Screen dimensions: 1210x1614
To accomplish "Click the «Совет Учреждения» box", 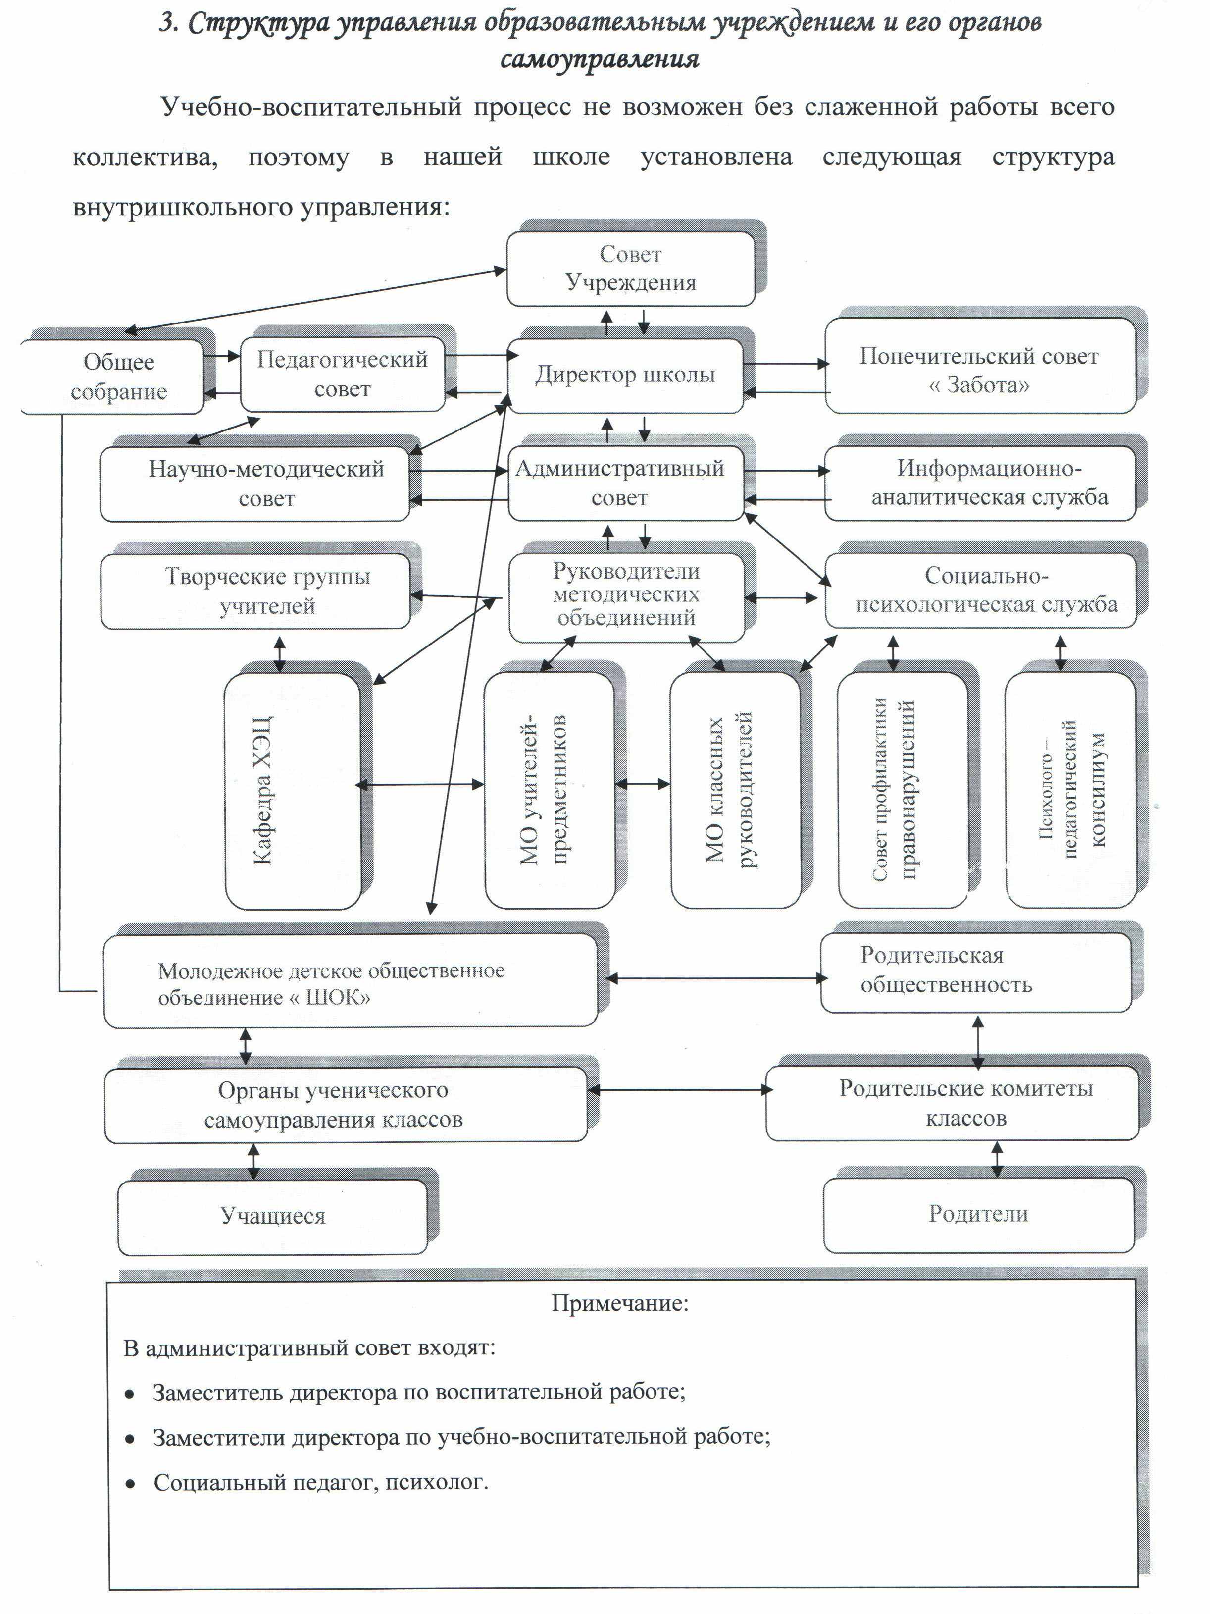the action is [x=630, y=269].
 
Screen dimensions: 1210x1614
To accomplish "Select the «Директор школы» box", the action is [x=625, y=375].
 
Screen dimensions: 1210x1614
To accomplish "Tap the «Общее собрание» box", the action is [x=113, y=377].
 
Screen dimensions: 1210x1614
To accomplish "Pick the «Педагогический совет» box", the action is [x=342, y=374].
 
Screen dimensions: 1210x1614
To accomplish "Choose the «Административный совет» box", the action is [x=626, y=483].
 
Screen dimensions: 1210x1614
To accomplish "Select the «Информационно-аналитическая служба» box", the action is [x=980, y=483].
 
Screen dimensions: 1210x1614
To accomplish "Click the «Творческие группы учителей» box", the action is [x=255, y=591].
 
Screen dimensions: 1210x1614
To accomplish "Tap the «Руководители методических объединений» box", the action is [x=626, y=597].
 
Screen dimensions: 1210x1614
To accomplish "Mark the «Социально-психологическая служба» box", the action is [x=980, y=591].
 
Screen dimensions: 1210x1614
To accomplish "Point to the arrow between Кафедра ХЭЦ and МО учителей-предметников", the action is [x=419, y=784].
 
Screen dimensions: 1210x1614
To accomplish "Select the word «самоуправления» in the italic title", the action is [x=600, y=58].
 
